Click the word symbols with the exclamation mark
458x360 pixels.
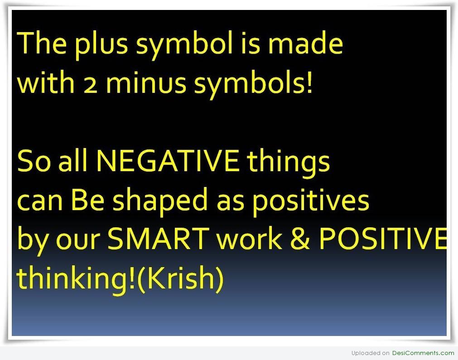pos(253,84)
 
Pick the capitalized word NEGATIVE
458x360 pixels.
pos(167,161)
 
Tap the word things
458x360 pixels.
pos(288,162)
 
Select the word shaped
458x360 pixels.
pos(160,201)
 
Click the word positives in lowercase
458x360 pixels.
pos(310,202)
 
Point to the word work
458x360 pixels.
pos(250,238)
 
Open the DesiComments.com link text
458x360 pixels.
pos(423,353)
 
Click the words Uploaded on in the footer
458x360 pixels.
pos(371,353)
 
